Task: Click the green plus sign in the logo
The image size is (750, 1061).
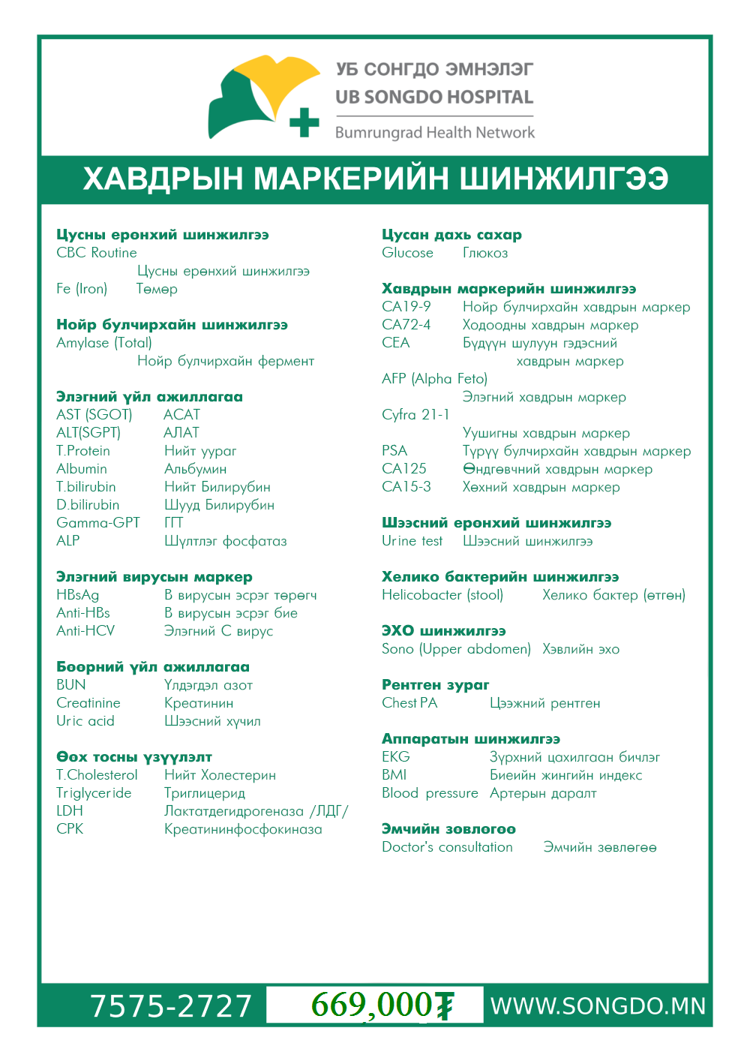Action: point(304,122)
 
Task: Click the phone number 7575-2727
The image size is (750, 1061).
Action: point(171,1006)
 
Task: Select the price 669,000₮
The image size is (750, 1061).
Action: point(382,1005)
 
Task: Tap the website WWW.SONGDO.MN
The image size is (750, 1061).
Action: point(598,1006)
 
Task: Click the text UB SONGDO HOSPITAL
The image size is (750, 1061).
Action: point(434,98)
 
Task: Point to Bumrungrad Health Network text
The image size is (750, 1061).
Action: point(435,133)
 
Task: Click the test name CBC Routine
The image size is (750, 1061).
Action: point(97,253)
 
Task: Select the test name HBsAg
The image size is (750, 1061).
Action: point(78,595)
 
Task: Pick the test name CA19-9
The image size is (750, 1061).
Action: point(406,307)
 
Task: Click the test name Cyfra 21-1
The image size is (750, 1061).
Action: point(415,415)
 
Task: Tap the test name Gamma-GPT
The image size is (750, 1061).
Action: point(98,523)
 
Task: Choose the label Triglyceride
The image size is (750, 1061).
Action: point(94,793)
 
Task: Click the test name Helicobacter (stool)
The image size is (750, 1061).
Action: point(442,595)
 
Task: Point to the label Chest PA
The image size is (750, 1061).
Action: point(409,703)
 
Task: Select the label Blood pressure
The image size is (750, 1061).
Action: point(430,793)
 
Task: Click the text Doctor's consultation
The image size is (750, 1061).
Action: point(447,847)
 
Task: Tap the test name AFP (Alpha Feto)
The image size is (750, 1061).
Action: point(434,379)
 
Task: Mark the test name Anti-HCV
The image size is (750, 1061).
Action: point(85,631)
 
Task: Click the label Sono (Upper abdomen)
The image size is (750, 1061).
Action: point(456,649)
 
